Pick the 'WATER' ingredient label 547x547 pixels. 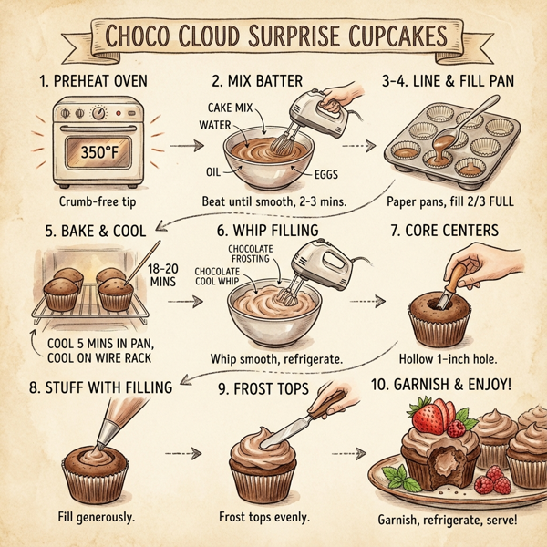215,124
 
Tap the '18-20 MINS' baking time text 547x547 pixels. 162,275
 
